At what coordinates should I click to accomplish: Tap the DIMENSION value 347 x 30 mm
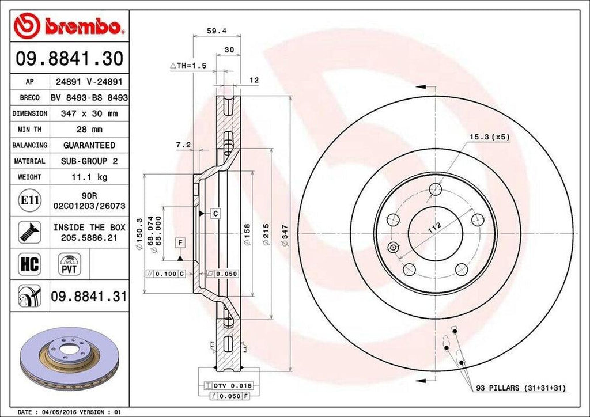89,113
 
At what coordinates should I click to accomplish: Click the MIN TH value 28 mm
89,130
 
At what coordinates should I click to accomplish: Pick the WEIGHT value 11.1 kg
89,177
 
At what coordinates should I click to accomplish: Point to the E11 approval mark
29,200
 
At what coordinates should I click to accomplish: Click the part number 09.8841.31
88,297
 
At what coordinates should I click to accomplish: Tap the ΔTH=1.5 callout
187,66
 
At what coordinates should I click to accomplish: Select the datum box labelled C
214,214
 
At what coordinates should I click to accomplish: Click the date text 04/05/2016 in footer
59,412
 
